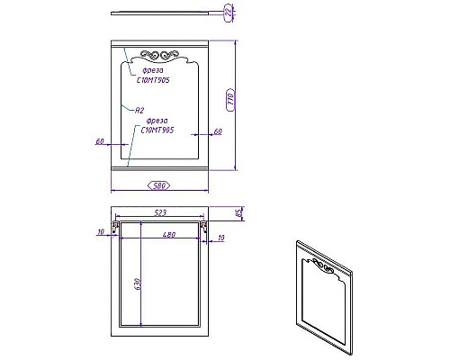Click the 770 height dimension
[x=230, y=98]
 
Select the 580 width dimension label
[x=160, y=185]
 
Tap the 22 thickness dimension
[x=229, y=12]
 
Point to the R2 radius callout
[x=139, y=110]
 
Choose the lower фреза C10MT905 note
[x=155, y=125]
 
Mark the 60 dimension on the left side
[x=100, y=139]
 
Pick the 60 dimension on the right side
[x=218, y=131]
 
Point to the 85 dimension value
[x=238, y=213]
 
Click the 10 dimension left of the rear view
[x=102, y=232]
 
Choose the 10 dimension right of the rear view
[x=221, y=237]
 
